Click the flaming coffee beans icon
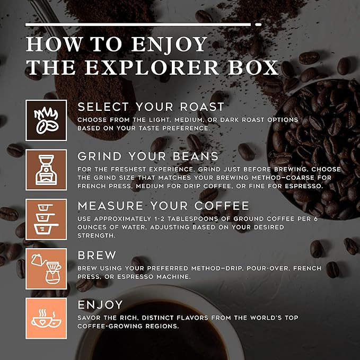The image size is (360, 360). (x=46, y=120)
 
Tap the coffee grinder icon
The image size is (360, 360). (x=46, y=170)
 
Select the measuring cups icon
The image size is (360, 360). (x=46, y=219)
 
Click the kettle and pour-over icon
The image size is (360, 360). (x=46, y=269)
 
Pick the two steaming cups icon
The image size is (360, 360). (x=46, y=319)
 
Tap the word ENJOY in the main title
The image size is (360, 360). (x=169, y=45)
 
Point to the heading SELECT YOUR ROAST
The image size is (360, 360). (x=151, y=107)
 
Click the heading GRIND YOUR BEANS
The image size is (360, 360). (x=148, y=156)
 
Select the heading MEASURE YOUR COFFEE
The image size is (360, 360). (x=163, y=206)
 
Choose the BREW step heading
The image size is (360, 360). (x=97, y=256)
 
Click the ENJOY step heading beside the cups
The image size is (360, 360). (x=100, y=305)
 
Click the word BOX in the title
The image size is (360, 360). (x=253, y=67)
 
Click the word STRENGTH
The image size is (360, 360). (x=96, y=236)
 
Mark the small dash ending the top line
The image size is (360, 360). (x=259, y=24)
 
